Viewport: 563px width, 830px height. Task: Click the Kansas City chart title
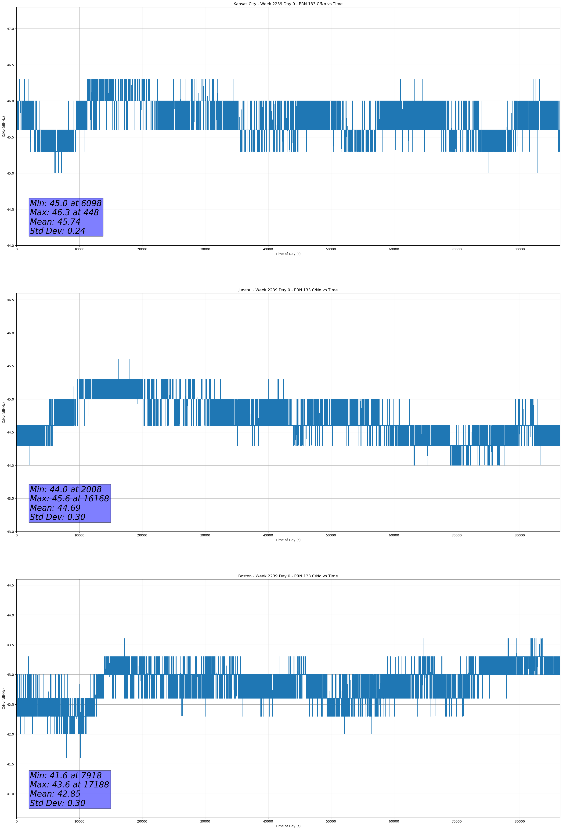(x=288, y=4)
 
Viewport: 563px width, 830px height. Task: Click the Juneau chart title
(x=288, y=290)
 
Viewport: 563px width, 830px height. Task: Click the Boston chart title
(x=288, y=576)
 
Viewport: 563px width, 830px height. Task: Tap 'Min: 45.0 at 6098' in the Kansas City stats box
(x=66, y=203)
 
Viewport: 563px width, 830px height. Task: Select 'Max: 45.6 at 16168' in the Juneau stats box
(x=69, y=499)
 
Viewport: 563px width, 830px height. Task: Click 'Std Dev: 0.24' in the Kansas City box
(x=58, y=231)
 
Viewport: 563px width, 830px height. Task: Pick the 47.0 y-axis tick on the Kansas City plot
(x=10, y=29)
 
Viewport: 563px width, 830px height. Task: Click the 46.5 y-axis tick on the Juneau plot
(x=10, y=300)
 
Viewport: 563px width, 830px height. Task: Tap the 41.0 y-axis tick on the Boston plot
(x=10, y=794)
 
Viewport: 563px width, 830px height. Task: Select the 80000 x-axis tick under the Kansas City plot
(x=520, y=249)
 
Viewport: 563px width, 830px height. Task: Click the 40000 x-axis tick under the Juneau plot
(x=268, y=535)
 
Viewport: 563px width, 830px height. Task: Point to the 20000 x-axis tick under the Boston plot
(x=142, y=821)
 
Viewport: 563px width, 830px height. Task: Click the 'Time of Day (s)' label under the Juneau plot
(x=288, y=540)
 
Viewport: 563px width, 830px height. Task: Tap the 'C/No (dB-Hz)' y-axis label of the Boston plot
(x=4, y=699)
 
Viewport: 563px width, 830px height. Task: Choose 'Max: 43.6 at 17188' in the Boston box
(x=69, y=785)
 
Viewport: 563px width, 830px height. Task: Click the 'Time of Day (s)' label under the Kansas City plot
(x=288, y=254)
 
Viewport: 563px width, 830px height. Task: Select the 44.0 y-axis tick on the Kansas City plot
(x=10, y=246)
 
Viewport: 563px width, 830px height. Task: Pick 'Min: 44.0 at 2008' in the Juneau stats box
(x=66, y=489)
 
